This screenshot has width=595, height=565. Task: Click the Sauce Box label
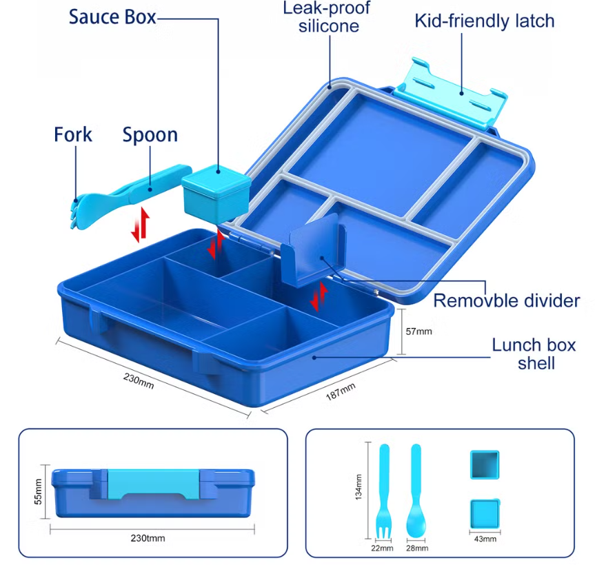click(112, 17)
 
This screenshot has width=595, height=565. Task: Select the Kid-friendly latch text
click(484, 21)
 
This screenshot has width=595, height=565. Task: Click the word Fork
click(73, 134)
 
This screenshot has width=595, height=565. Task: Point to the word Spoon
click(150, 134)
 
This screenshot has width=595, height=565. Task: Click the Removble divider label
click(506, 300)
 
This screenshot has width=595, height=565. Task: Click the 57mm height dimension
click(418, 331)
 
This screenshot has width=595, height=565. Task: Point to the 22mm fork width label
click(382, 548)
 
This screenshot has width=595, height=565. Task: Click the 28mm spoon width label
click(416, 548)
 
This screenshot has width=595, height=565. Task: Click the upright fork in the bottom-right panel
click(383, 493)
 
